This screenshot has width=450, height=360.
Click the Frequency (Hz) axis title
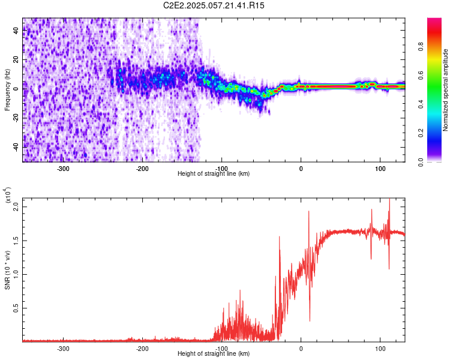pyautogui.click(x=7, y=90)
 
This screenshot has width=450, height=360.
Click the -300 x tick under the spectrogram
pyautogui.click(x=64, y=168)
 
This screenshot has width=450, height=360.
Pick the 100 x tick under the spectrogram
pyautogui.click(x=380, y=168)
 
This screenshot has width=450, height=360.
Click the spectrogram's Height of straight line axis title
pyautogui.click(x=214, y=174)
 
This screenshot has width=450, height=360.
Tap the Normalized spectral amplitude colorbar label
pyautogui.click(x=446, y=90)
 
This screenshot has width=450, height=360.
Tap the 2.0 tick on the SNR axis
pyautogui.click(x=17, y=206)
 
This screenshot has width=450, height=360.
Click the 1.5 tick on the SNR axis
pyautogui.click(x=17, y=240)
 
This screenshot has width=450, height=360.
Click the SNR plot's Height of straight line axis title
pyautogui.click(x=214, y=354)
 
